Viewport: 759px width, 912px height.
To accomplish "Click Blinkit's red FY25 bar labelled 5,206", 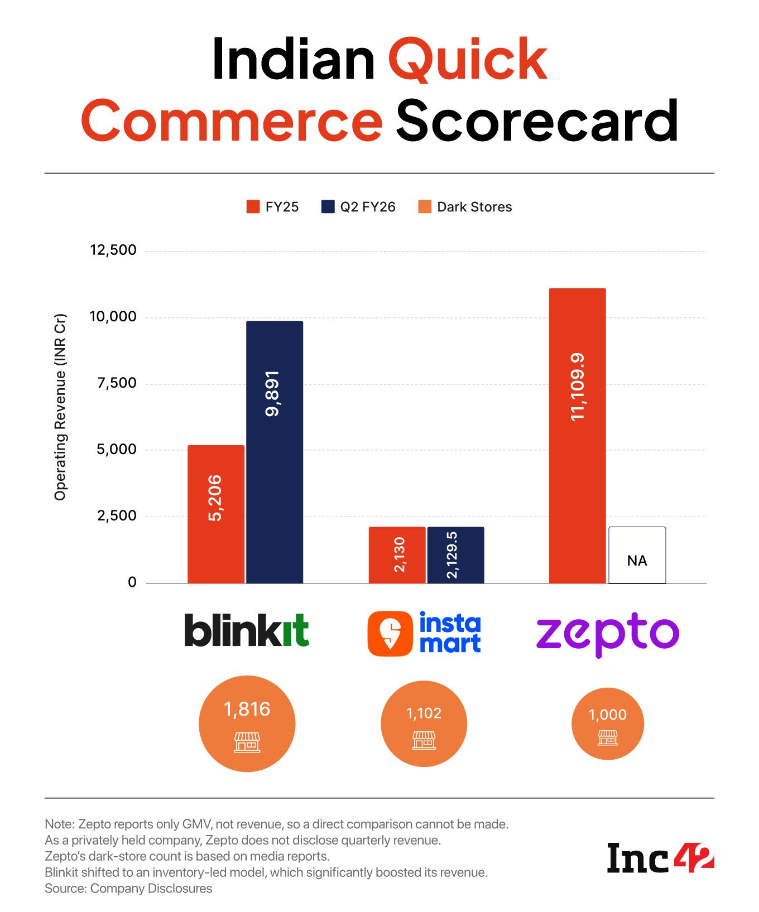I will pyautogui.click(x=216, y=514).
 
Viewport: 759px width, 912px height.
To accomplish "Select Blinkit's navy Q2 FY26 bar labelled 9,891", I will pyautogui.click(x=275, y=452).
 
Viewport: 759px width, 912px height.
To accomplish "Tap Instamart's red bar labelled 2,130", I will pyautogui.click(x=397, y=555).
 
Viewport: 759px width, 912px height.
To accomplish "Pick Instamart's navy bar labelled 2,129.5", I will pyautogui.click(x=455, y=555).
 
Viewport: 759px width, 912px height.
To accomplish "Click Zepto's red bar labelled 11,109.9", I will pyautogui.click(x=578, y=436).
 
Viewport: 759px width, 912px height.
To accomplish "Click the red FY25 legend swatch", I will pyautogui.click(x=253, y=207).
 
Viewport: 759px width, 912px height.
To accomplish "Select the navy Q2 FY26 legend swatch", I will pyautogui.click(x=328, y=207).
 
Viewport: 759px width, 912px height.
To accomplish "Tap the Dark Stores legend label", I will pyautogui.click(x=474, y=207).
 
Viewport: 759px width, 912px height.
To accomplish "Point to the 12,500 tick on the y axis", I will pyautogui.click(x=113, y=250).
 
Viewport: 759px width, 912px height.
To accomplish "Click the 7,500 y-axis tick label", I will pyautogui.click(x=117, y=383).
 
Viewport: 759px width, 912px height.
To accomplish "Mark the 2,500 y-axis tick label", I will pyautogui.click(x=117, y=515).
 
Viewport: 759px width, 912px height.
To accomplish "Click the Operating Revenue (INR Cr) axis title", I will pyautogui.click(x=60, y=407).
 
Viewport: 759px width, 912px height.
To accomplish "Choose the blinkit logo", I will pyautogui.click(x=246, y=630).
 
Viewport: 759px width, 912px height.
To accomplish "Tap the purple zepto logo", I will pyautogui.click(x=608, y=634).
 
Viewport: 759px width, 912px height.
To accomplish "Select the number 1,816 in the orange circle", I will pyautogui.click(x=247, y=709).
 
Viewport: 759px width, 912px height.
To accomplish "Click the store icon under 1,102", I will pyautogui.click(x=424, y=740).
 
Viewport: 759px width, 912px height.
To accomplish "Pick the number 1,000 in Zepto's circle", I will pyautogui.click(x=607, y=715).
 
